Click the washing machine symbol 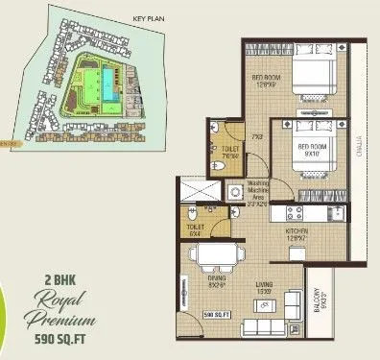click(x=233, y=193)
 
